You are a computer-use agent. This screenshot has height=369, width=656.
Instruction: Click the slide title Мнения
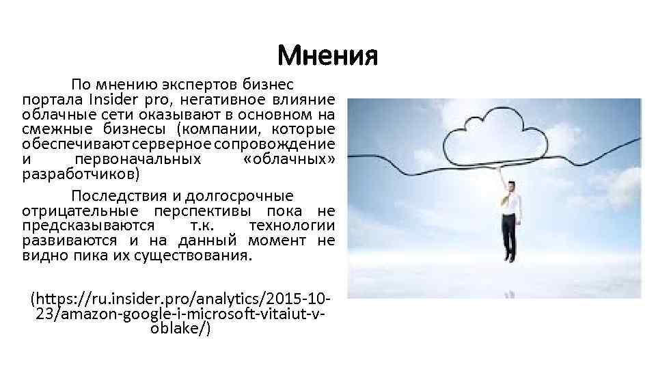tap(327, 55)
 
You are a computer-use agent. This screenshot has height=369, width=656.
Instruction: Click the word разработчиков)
tap(81, 174)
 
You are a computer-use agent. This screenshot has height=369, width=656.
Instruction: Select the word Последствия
tap(114, 196)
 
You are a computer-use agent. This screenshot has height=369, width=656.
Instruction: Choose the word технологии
tap(292, 226)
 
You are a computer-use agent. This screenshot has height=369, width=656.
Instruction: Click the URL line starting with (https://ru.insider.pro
tap(181, 300)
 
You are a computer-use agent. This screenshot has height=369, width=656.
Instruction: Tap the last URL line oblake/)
tap(179, 329)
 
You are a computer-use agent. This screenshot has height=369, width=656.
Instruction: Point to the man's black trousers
tap(509, 236)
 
